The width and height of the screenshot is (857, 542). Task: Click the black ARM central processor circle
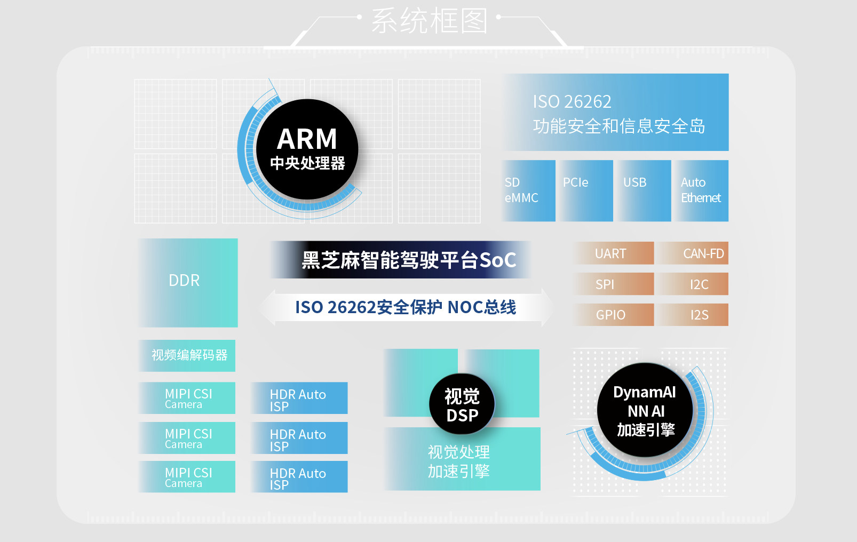(307, 149)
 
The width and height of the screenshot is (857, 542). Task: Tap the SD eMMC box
(528, 190)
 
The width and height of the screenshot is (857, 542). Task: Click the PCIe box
(586, 190)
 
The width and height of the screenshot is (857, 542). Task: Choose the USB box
(644, 190)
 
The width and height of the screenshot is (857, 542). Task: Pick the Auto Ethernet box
(701, 190)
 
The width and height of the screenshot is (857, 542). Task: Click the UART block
(613, 253)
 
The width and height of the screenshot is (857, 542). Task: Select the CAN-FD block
(693, 253)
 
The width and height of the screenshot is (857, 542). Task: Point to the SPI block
(613, 284)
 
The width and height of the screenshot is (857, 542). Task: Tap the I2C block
(693, 284)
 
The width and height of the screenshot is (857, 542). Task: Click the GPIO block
(613, 315)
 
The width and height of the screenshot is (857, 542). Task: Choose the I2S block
(693, 315)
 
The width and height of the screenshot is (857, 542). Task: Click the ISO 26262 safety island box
(616, 113)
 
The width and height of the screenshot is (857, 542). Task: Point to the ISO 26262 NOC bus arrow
(406, 307)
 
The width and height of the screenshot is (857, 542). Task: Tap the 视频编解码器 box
(187, 355)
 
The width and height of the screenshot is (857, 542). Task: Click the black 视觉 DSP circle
(462, 405)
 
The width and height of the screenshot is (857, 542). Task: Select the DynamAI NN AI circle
(645, 410)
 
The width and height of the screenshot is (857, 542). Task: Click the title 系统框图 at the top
(429, 21)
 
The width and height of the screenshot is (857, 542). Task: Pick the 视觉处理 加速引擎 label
(459, 461)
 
